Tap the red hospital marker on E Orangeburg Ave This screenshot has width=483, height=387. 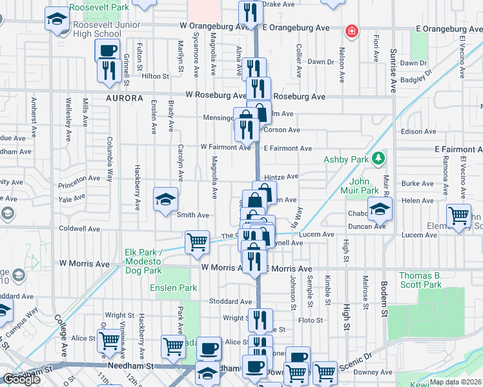[x=352, y=30]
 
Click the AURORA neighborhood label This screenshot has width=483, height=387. [x=125, y=98]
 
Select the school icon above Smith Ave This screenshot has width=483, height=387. [x=165, y=200]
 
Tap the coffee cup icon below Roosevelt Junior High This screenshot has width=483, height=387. [x=107, y=50]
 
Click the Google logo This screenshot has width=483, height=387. [x=21, y=379]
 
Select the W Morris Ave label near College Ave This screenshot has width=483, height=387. [x=85, y=264]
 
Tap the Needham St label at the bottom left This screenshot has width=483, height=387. [x=29, y=372]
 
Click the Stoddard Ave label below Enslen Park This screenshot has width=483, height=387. [x=229, y=301]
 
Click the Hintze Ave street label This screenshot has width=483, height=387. [x=281, y=176]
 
